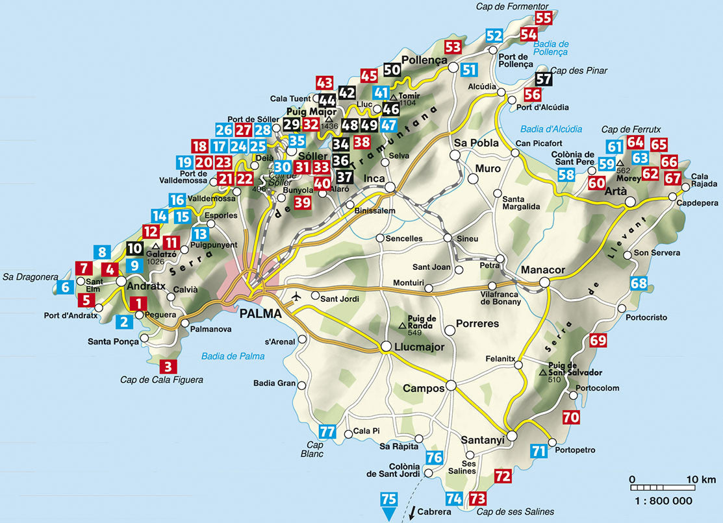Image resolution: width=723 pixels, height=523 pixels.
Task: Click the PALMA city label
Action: (260, 314)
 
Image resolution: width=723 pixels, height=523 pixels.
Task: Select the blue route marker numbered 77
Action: (328, 432)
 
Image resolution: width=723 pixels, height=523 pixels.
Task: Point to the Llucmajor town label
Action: (419, 347)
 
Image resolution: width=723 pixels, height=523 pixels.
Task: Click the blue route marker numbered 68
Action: (639, 284)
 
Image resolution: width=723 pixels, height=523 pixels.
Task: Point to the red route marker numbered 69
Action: (598, 340)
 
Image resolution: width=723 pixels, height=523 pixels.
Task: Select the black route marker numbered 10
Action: (134, 248)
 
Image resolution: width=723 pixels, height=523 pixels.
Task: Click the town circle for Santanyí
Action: (512, 436)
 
